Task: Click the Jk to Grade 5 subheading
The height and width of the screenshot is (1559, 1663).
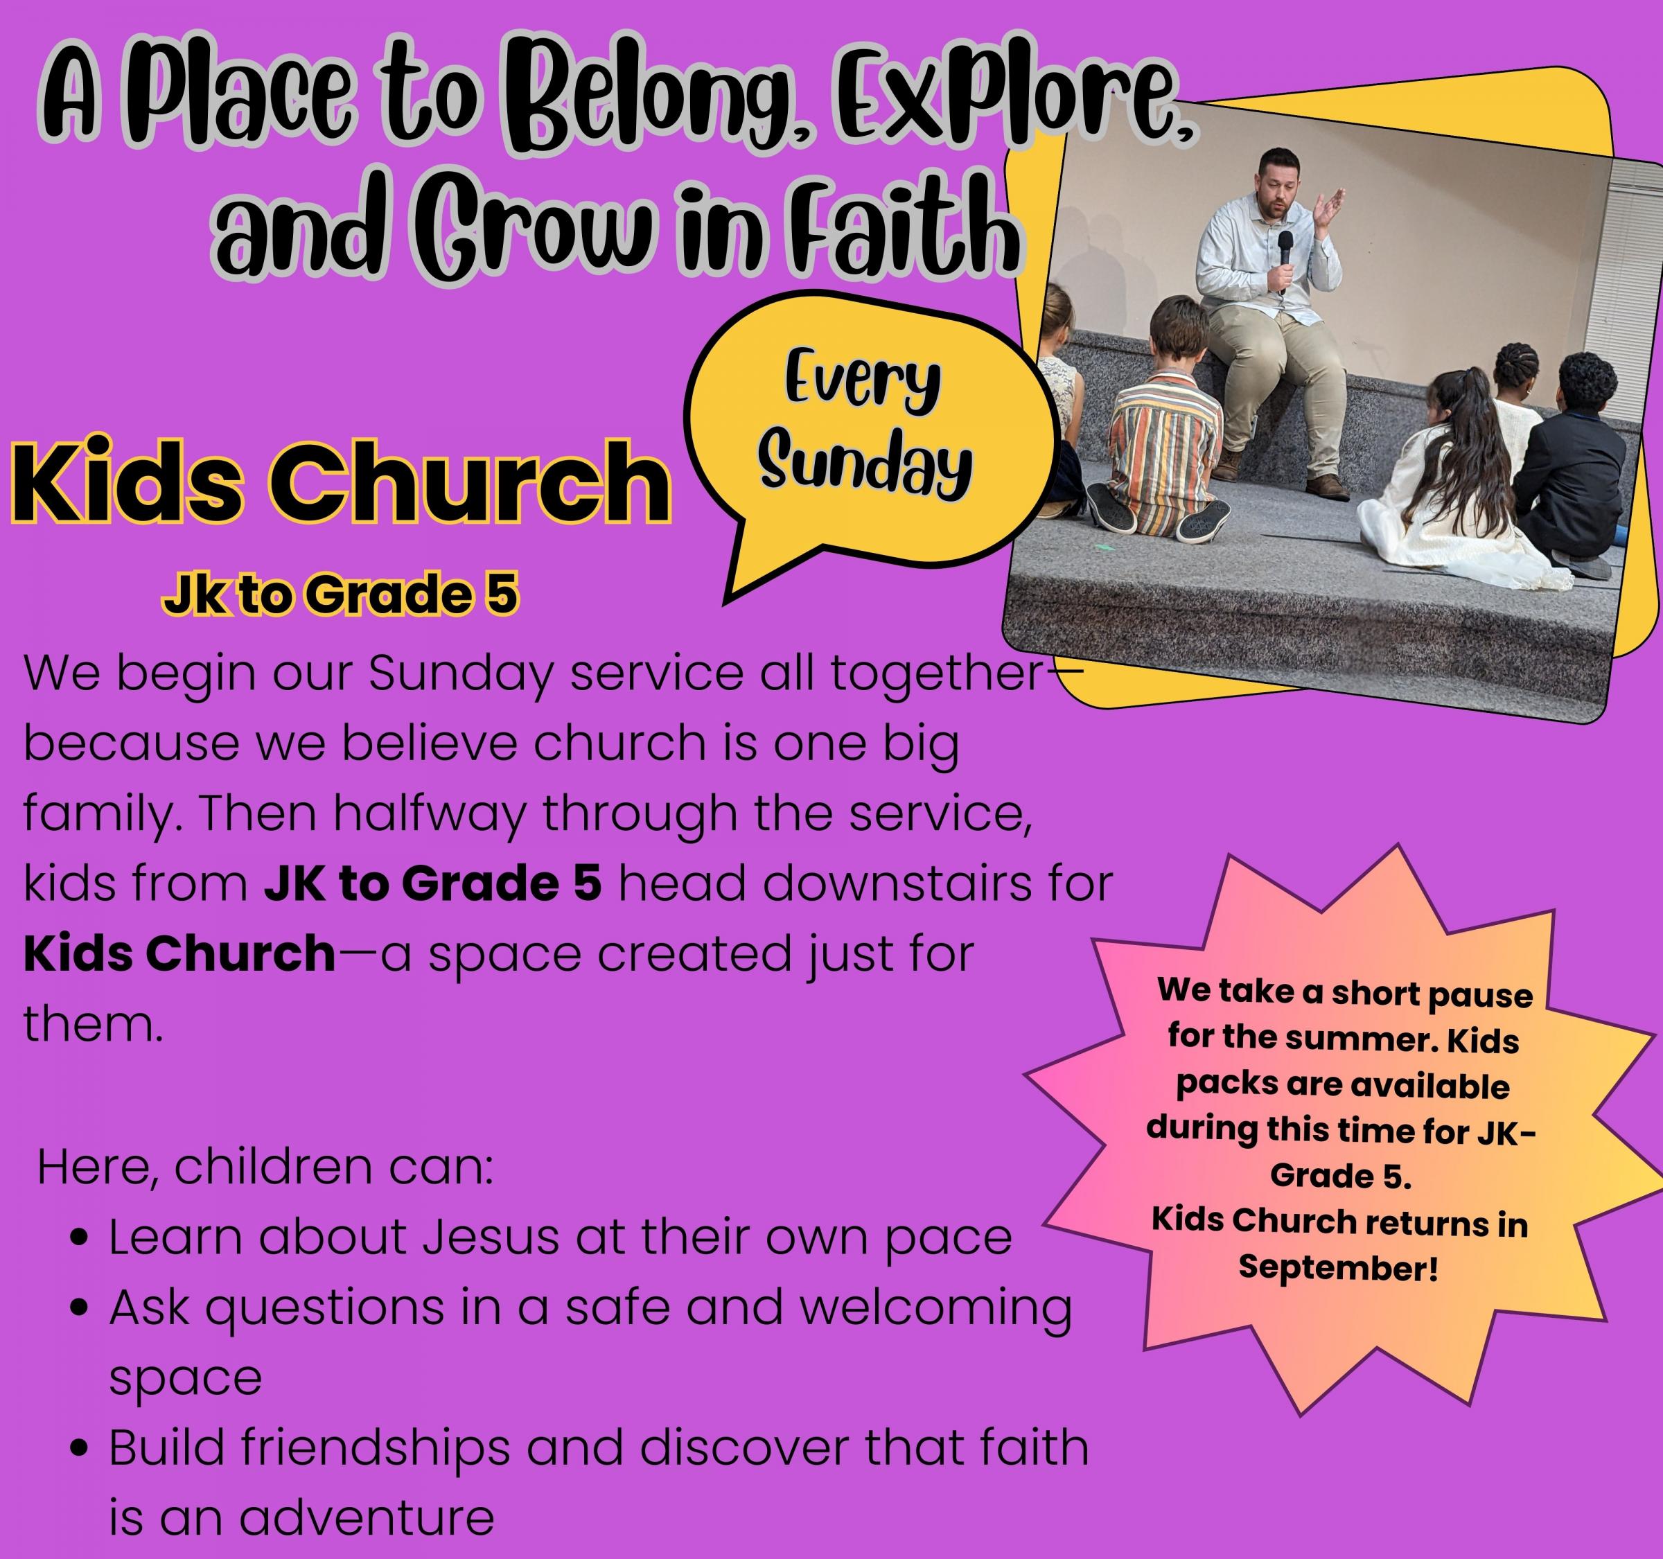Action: point(340,595)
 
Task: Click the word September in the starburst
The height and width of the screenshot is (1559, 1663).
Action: point(1339,1267)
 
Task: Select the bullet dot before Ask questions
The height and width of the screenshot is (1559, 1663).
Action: point(80,1307)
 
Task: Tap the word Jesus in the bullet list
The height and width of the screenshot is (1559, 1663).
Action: point(490,1237)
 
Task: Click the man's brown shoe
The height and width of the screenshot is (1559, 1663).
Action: point(1327,488)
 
